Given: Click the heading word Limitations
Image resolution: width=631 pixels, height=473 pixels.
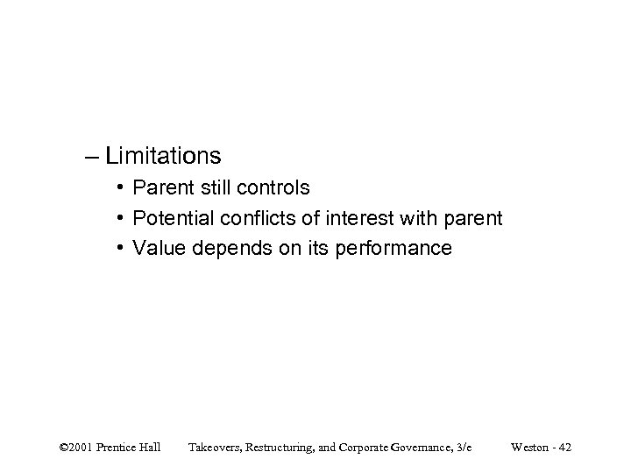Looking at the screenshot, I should point(163,156).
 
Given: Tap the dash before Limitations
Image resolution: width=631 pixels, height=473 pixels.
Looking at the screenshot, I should point(92,157).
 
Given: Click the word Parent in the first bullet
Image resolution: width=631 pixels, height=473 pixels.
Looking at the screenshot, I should point(162,188).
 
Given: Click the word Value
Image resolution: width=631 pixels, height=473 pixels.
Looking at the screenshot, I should point(158,249).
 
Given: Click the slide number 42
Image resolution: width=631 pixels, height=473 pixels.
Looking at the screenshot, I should point(565,448).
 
